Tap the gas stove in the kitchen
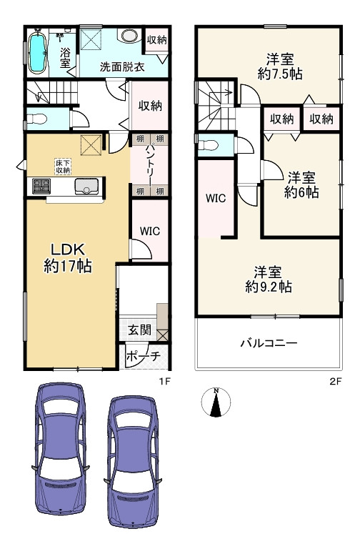(40, 187)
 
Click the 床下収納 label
(63, 167)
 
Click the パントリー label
(151, 164)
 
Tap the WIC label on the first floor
(150, 231)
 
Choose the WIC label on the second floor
(216, 199)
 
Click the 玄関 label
(139, 330)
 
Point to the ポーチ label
(143, 356)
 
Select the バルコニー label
(269, 343)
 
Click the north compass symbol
(215, 404)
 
